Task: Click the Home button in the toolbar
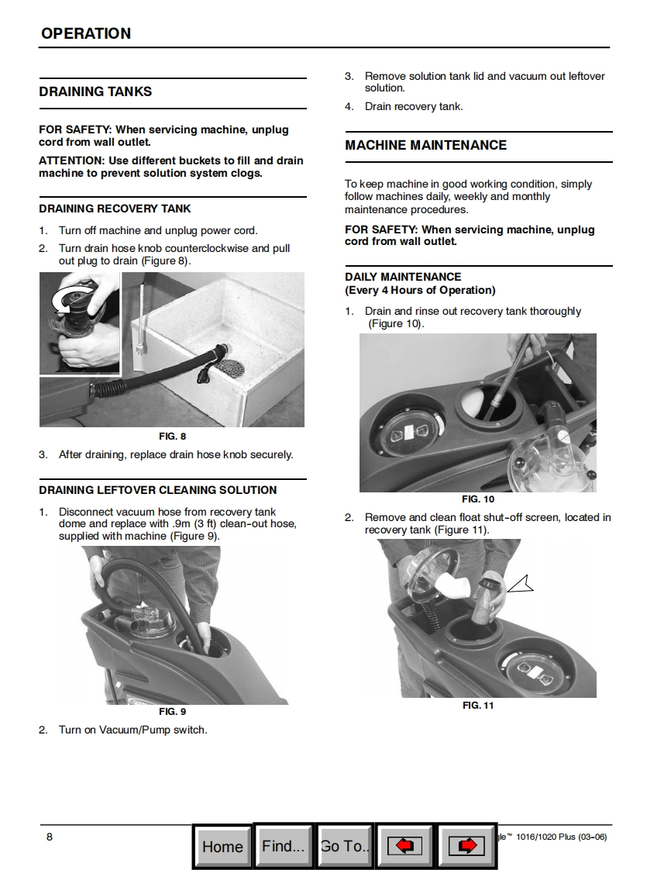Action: pos(222,846)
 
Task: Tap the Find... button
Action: pos(283,845)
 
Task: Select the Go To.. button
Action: pos(345,846)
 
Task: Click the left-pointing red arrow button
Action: pos(404,846)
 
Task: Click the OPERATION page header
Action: pos(86,33)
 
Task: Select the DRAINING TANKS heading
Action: pos(95,91)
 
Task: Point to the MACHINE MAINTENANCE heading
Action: pos(425,145)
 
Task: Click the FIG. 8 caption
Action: pos(172,436)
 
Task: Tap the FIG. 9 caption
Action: pos(172,711)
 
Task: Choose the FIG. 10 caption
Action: pos(477,499)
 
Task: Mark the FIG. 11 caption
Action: pos(477,705)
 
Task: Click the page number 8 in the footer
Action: pos(50,836)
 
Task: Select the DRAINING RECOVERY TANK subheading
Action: pos(115,209)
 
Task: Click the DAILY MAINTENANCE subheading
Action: pos(403,277)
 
